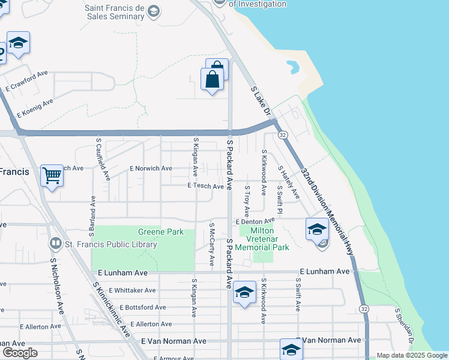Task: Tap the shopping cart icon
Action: click(x=52, y=176)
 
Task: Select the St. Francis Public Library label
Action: click(x=111, y=244)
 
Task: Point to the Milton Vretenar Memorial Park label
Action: click(x=262, y=239)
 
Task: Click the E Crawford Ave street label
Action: click(x=26, y=81)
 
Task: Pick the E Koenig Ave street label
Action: click(x=35, y=107)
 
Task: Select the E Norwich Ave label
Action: click(x=151, y=169)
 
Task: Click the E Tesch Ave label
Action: click(x=206, y=187)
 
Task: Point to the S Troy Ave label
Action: click(x=246, y=201)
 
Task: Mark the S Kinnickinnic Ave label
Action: click(x=113, y=309)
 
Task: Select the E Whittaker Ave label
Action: click(x=133, y=290)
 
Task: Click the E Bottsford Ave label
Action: click(x=138, y=307)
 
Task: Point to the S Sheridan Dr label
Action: click(x=403, y=328)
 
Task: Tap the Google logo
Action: click(x=20, y=353)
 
